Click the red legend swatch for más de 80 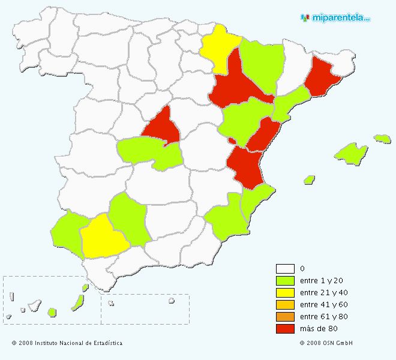click(x=285, y=329)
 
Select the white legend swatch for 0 click(x=285, y=269)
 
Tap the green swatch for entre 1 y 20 click(x=285, y=281)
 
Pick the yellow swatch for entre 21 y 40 click(x=285, y=293)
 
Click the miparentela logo click(x=335, y=17)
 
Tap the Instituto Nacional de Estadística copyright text click(x=67, y=343)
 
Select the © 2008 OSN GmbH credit click(x=326, y=343)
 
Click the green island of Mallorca click(x=351, y=152)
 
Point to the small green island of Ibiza click(x=310, y=179)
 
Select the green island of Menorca click(x=382, y=139)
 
